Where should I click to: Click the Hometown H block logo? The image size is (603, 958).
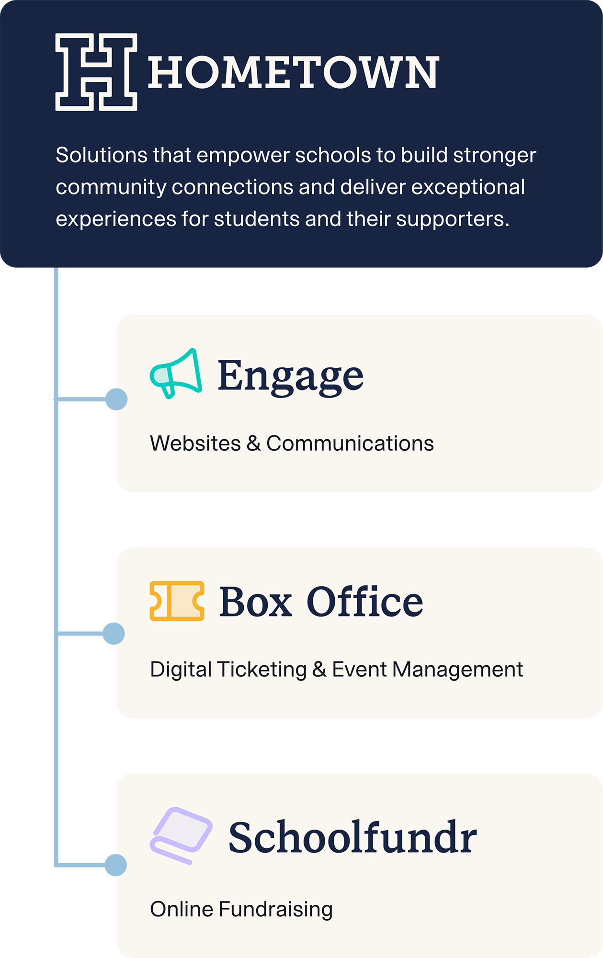tap(96, 72)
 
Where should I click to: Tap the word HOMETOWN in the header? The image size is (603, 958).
tap(293, 73)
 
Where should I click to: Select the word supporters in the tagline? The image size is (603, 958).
tap(452, 219)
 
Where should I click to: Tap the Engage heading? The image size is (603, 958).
tap(290, 376)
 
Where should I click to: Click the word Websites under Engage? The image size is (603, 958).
tap(195, 444)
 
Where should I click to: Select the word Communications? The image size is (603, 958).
tap(350, 444)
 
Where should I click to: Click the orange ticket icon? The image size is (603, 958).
tap(177, 601)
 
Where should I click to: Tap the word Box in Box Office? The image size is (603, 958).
tap(256, 602)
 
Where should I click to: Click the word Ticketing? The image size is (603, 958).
tap(262, 670)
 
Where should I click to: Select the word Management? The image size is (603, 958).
tap(457, 670)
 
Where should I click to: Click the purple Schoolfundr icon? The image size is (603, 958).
tap(181, 835)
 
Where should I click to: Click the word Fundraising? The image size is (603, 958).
tap(275, 909)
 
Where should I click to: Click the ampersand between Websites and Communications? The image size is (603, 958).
tap(254, 444)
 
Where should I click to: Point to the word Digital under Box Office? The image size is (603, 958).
tap(181, 670)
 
